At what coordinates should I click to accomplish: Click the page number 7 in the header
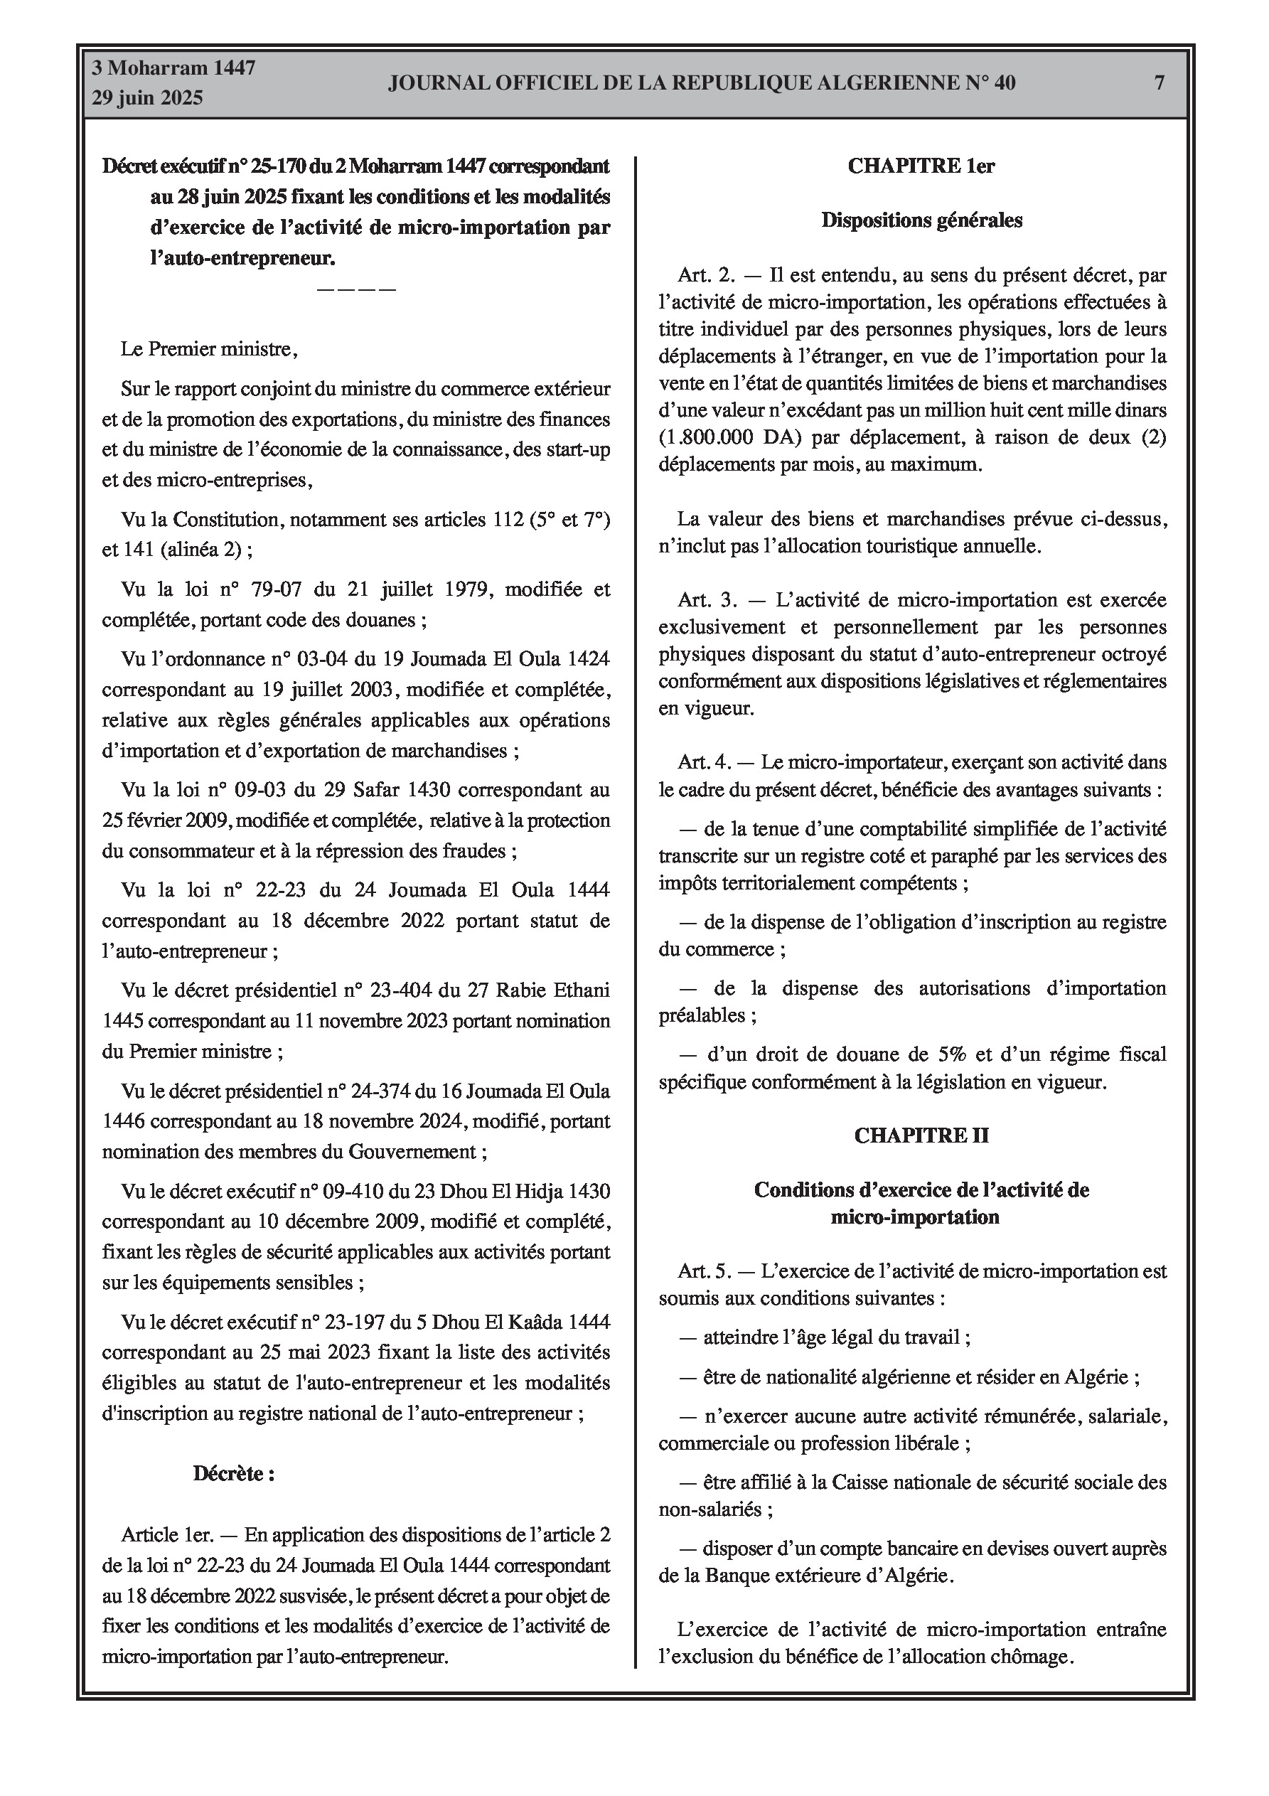pyautogui.click(x=1159, y=83)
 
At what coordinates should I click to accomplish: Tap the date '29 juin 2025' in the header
pyautogui.click(x=148, y=98)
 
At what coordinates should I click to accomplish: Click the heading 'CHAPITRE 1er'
pyautogui.click(x=921, y=166)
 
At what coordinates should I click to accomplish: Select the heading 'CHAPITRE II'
pyautogui.click(x=921, y=1135)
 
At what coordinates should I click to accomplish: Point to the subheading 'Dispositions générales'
pyautogui.click(x=921, y=220)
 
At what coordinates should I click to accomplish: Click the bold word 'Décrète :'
pyautogui.click(x=233, y=1474)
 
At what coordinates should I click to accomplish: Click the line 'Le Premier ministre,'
pyautogui.click(x=209, y=349)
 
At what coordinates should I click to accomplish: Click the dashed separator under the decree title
pyautogui.click(x=356, y=290)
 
